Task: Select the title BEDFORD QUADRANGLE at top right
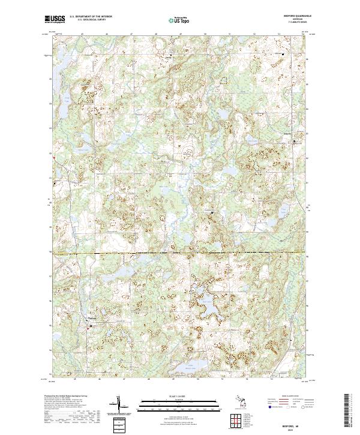[x=292, y=16]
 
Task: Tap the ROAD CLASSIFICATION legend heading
[x=292, y=397]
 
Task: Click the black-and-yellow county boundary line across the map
[x=180, y=253]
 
